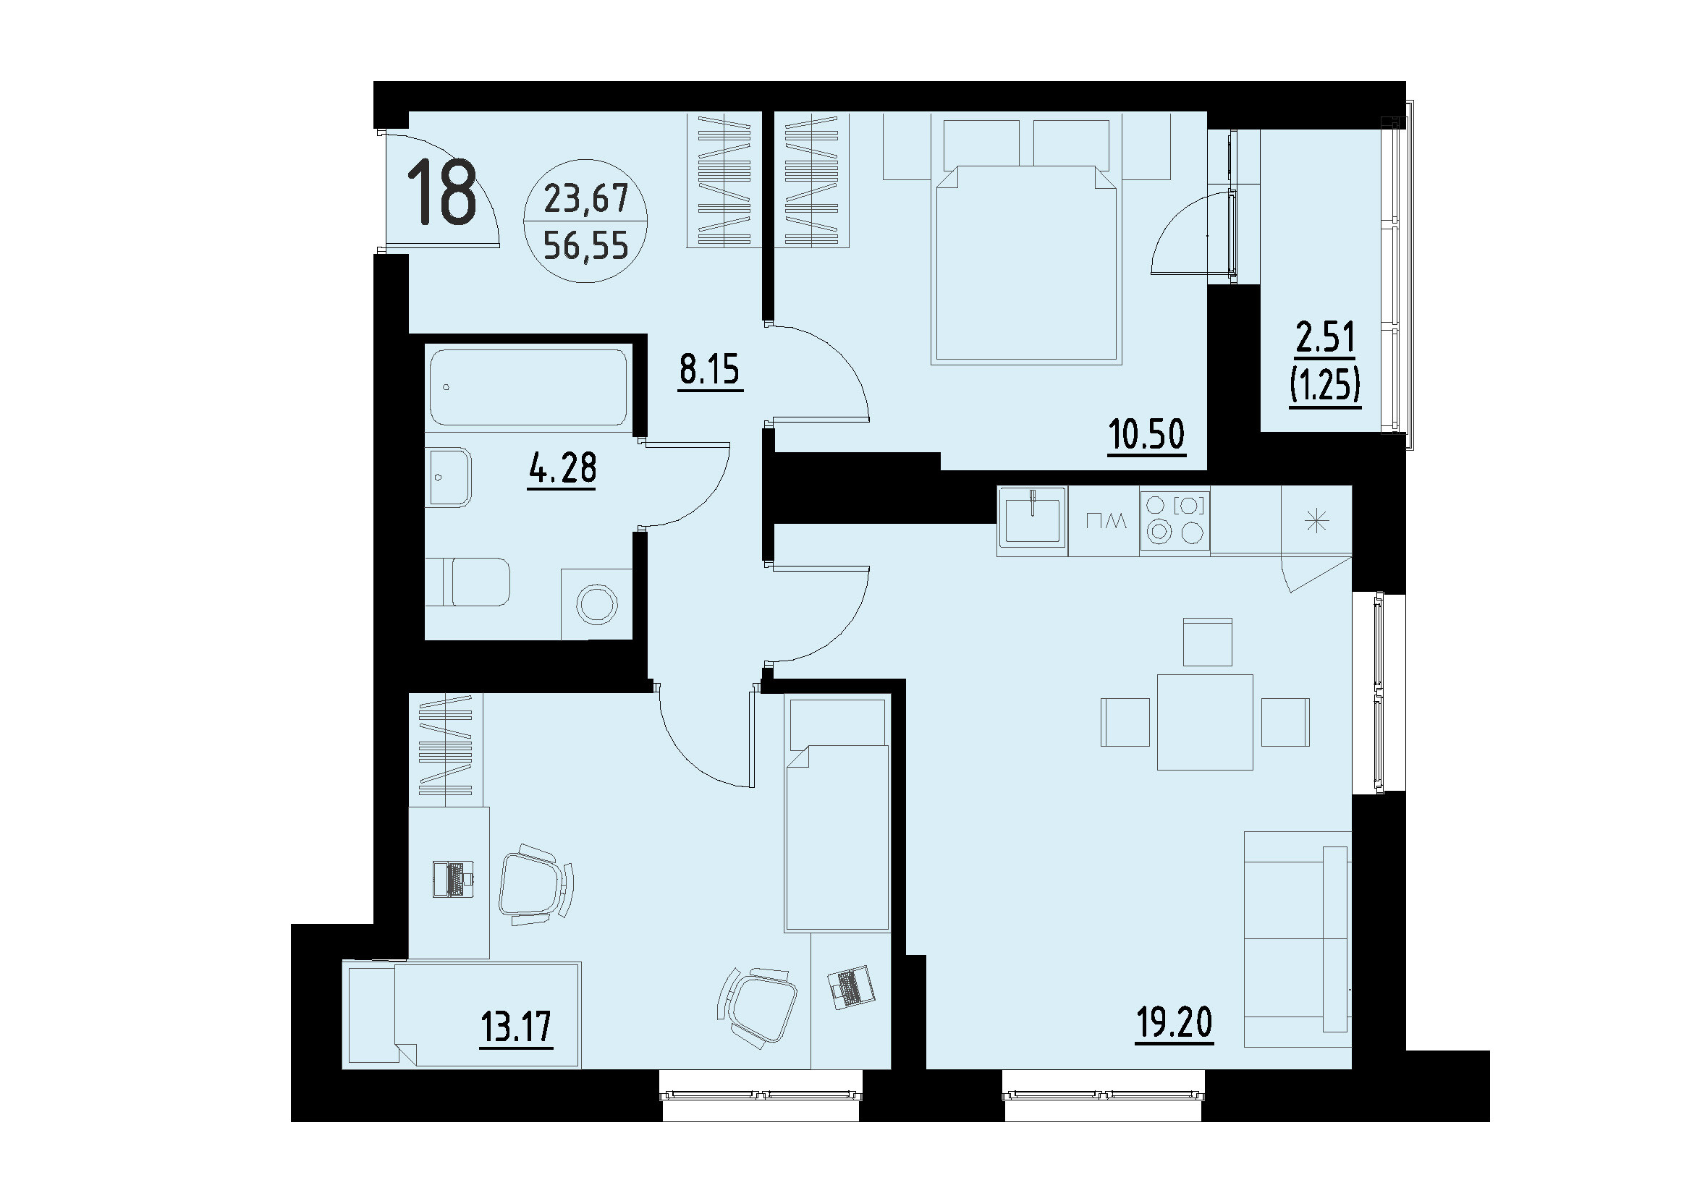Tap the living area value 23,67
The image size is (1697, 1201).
pyautogui.click(x=585, y=199)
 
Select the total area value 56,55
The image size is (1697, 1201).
pyautogui.click(x=585, y=245)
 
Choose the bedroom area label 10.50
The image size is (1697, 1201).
pyautogui.click(x=1146, y=435)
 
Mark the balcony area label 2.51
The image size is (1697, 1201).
pyautogui.click(x=1325, y=338)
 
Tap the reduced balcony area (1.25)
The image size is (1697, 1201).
pyautogui.click(x=1325, y=385)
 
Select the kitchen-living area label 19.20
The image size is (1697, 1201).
pyautogui.click(x=1174, y=1023)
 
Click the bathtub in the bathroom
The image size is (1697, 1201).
pyautogui.click(x=528, y=387)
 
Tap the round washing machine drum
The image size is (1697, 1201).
pyautogui.click(x=596, y=605)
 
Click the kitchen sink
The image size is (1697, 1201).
pyautogui.click(x=1032, y=521)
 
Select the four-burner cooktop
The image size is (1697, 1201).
pyautogui.click(x=1174, y=519)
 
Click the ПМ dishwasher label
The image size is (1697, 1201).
pyautogui.click(x=1104, y=522)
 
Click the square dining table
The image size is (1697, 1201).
pyautogui.click(x=1205, y=722)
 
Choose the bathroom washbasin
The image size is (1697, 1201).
pyautogui.click(x=448, y=477)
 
